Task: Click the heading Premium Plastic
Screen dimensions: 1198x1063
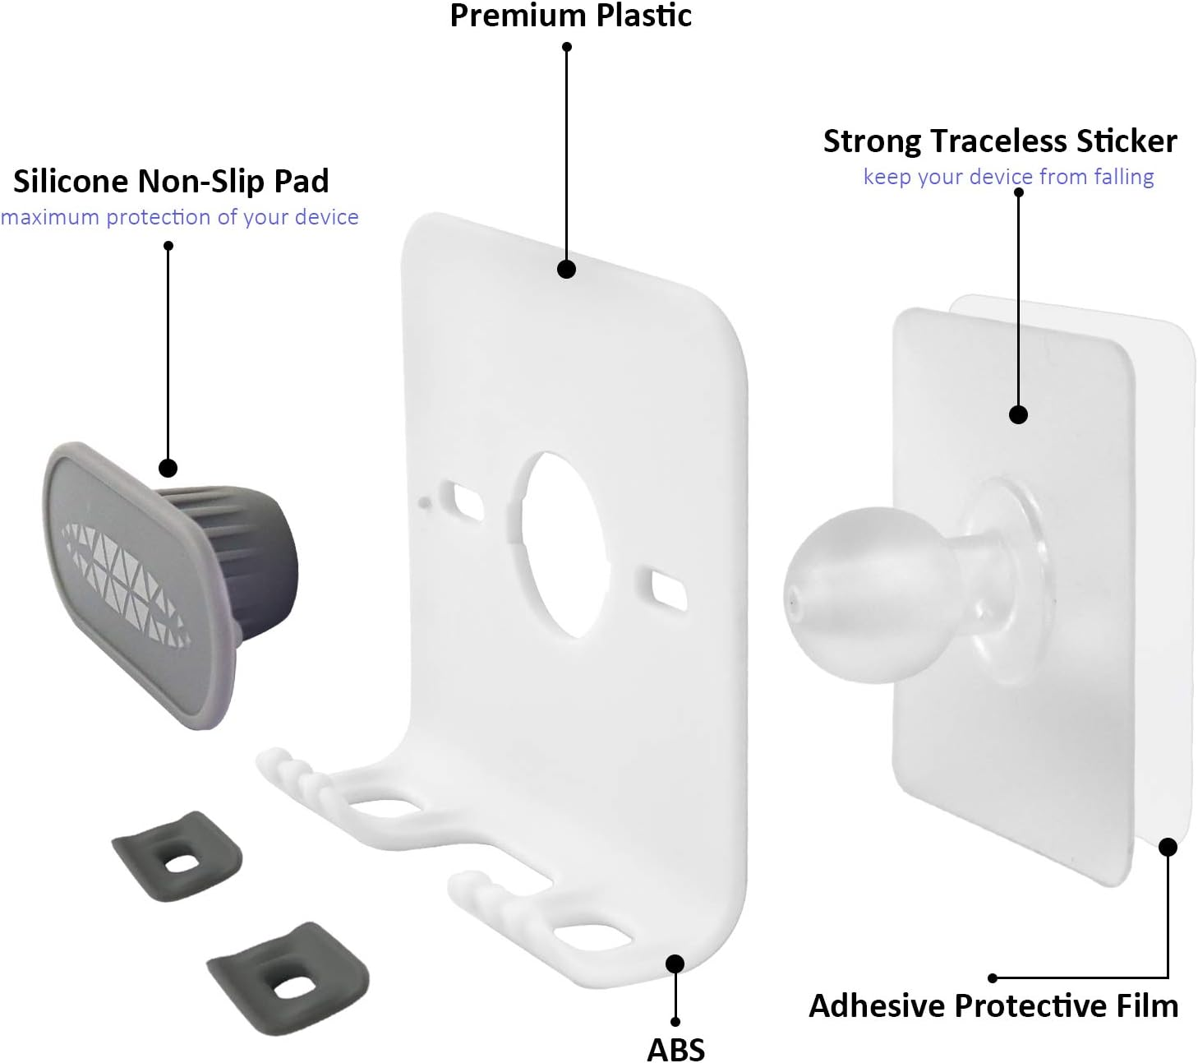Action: pos(570,16)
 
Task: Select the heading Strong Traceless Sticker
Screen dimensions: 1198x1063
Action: pos(1000,142)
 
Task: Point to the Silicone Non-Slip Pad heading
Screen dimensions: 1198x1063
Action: pos(171,181)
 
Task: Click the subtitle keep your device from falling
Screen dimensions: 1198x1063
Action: pos(1008,177)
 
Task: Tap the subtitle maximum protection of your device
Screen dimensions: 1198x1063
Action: pos(179,218)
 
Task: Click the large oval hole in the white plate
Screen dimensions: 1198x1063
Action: pos(562,546)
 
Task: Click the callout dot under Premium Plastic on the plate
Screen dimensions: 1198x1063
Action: pos(566,269)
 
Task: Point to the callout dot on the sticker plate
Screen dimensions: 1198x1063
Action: pos(1018,414)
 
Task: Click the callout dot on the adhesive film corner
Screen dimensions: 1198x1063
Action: pos(1168,847)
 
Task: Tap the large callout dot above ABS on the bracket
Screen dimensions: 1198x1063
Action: pos(675,964)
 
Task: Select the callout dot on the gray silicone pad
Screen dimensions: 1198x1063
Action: pos(168,468)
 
